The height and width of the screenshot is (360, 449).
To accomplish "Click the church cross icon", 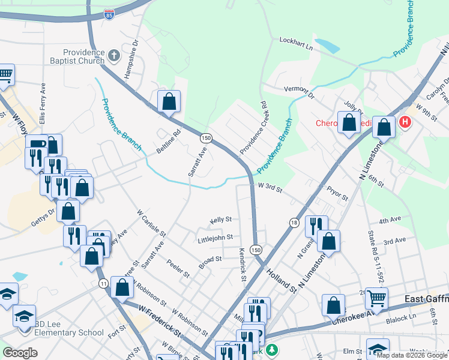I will click(x=115, y=56).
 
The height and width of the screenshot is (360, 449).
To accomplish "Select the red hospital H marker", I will click(x=405, y=122).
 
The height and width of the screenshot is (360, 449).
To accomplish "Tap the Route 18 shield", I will click(x=294, y=223).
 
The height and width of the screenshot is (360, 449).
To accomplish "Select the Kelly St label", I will click(x=221, y=220).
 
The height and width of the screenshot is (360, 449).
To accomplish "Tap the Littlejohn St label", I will click(x=214, y=239).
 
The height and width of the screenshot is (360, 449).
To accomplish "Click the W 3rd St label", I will click(x=270, y=189).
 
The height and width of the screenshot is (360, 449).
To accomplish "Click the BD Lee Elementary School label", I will click(x=69, y=332).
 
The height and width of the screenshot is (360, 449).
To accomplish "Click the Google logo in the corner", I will click(x=20, y=353).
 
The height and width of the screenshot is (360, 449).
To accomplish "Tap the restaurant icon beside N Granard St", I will click(x=316, y=225).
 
